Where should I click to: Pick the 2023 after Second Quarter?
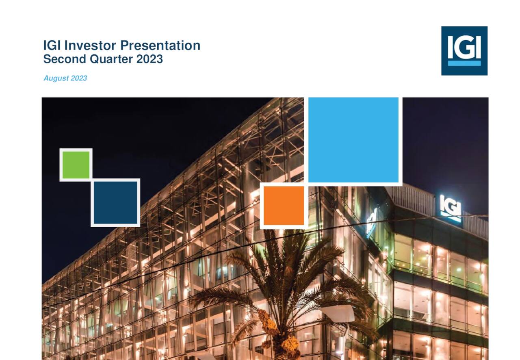[x=149, y=59]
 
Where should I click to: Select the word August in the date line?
[x=56, y=78]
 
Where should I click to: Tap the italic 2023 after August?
[x=79, y=78]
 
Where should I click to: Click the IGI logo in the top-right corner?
[x=464, y=51]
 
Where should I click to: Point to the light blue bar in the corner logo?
[x=464, y=63]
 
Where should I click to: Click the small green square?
[x=76, y=165]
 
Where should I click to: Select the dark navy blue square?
[x=115, y=202]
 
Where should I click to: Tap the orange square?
[x=284, y=205]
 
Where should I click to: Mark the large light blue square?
[x=353, y=140]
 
